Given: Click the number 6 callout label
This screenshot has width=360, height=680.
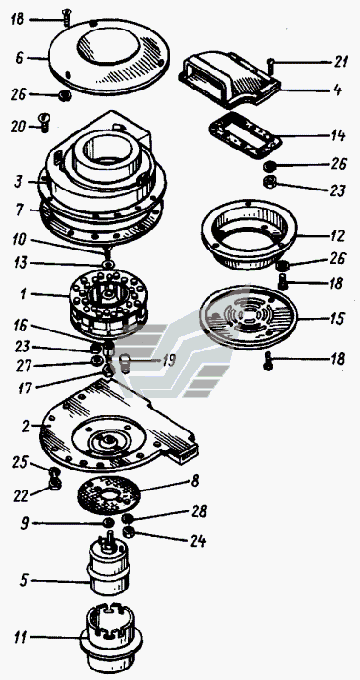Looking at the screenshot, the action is coord(19,58).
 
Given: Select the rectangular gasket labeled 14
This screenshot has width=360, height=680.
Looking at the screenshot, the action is coord(245,135).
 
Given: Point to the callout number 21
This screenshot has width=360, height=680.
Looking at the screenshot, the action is coord(341,62).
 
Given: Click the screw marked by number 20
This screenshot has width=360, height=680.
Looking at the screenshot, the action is coord(44,122).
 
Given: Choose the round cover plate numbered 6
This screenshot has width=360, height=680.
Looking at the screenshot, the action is coord(109,56).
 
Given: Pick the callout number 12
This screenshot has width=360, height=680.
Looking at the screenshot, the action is coord(337,236).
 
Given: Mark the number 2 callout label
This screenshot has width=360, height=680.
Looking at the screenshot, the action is coord(26,427).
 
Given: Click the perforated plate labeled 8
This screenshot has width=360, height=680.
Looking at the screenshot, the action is coord(110,495).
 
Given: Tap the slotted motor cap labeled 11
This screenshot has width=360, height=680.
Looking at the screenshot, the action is coord(111,638).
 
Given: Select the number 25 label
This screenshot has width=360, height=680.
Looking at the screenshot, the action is coord(20,462).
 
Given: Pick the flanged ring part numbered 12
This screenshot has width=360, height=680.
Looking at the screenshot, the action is coord(249,234).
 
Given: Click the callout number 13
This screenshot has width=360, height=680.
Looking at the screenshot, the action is coord(20,263).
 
